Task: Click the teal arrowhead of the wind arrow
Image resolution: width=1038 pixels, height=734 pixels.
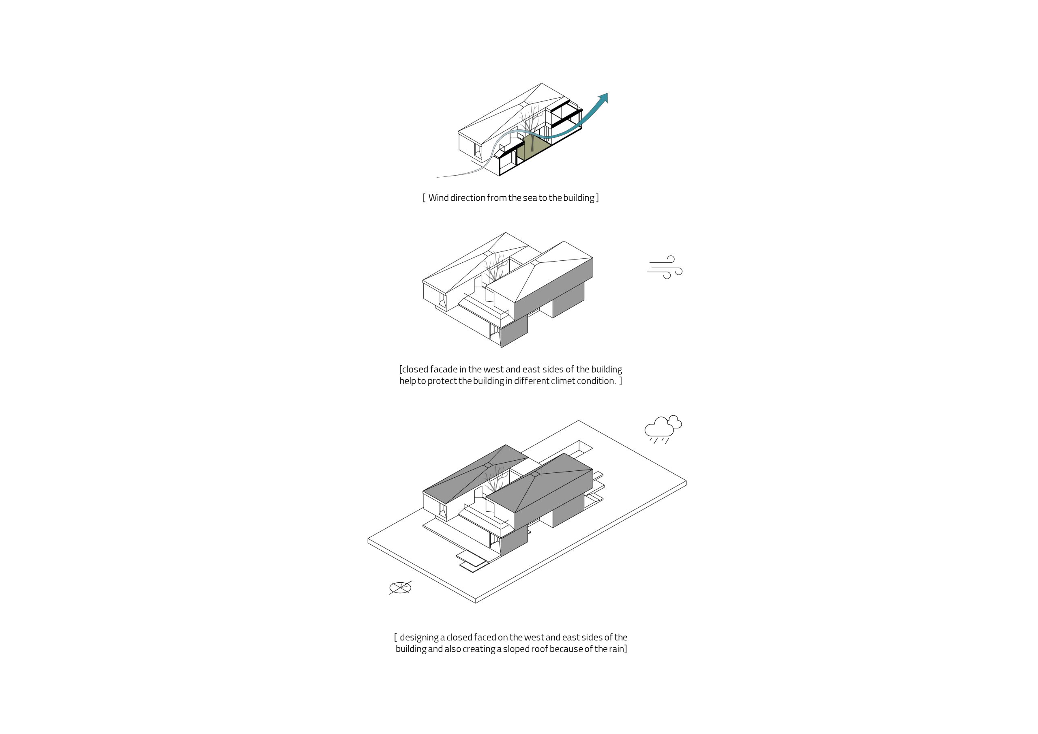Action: [603, 99]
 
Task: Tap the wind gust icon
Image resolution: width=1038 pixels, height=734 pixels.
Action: [664, 267]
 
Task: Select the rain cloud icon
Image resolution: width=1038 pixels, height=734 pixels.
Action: [663, 429]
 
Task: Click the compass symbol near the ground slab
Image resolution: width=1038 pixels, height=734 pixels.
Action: [400, 588]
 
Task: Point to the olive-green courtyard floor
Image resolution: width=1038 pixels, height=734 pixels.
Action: [534, 150]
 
